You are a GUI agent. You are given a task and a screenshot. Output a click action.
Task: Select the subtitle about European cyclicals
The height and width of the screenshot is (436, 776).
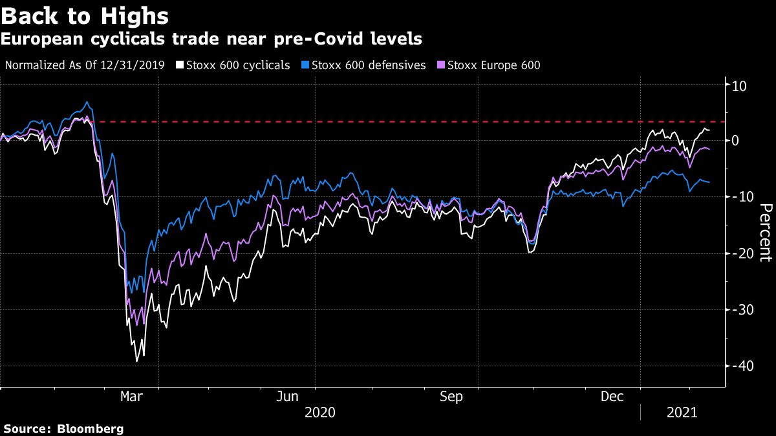click(x=211, y=39)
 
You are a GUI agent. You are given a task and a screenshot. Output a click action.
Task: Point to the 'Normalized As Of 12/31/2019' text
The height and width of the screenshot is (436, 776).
click(x=85, y=65)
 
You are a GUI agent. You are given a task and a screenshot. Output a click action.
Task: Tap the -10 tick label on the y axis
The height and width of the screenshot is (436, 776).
click(x=739, y=197)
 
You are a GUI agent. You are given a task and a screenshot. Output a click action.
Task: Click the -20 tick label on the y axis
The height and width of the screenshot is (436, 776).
click(x=739, y=253)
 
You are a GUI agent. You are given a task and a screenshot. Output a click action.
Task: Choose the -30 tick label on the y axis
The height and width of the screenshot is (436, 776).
click(x=739, y=309)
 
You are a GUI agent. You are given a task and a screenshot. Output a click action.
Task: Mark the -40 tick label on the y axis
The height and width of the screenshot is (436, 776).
click(x=739, y=366)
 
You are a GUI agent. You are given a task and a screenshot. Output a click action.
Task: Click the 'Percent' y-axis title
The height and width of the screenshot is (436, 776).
click(x=765, y=233)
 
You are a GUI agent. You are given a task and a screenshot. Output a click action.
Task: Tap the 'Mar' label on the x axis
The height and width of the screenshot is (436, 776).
click(x=132, y=397)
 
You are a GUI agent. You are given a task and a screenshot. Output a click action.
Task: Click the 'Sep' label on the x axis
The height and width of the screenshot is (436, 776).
click(x=451, y=397)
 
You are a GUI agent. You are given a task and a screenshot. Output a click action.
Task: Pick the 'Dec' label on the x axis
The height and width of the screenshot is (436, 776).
click(x=612, y=397)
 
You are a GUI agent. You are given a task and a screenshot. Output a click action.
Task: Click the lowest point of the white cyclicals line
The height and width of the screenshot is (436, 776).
click(x=136, y=361)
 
